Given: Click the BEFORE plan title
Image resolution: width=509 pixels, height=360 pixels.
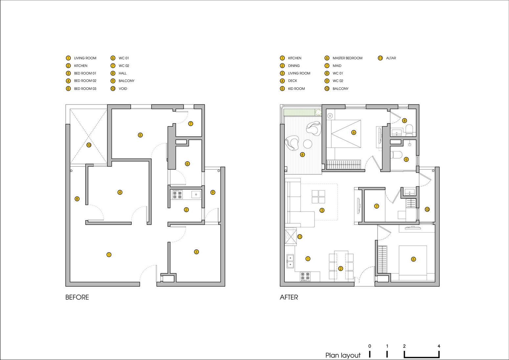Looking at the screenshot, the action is pyautogui.click(x=77, y=297).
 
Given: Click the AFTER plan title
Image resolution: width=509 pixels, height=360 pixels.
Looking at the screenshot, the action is pyautogui.click(x=289, y=297).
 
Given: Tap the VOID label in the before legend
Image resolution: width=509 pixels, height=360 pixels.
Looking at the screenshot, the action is pyautogui.click(x=123, y=89).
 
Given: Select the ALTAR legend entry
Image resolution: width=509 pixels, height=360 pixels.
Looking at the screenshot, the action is pyautogui.click(x=391, y=58).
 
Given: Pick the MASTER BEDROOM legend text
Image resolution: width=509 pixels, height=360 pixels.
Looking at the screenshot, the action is pyautogui.click(x=347, y=58).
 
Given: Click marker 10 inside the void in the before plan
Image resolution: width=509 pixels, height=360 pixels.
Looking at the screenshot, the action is pyautogui.click(x=89, y=145).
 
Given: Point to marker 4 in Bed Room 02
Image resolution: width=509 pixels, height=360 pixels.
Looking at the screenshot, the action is pyautogui.click(x=120, y=192).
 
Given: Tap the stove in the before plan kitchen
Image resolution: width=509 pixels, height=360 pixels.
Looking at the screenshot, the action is pyautogui.click(x=177, y=194).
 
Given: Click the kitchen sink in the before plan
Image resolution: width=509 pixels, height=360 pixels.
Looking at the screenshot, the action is pyautogui.click(x=196, y=194).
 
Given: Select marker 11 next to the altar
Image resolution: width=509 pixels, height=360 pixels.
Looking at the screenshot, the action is pyautogui.click(x=300, y=237).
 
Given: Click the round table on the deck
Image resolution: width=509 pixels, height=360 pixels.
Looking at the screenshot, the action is pyautogui.click(x=308, y=144).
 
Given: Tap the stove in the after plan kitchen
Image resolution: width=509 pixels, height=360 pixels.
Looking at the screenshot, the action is pyautogui.click(x=305, y=277).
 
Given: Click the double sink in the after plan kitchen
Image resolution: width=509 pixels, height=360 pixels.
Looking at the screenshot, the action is pyautogui.click(x=290, y=261).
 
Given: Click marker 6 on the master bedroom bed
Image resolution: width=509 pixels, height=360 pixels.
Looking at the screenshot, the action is pyautogui.click(x=353, y=132).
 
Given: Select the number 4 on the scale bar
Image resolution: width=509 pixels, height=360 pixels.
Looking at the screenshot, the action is pyautogui.click(x=439, y=346).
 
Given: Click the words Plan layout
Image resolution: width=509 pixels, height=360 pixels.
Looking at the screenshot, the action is pyautogui.click(x=343, y=355).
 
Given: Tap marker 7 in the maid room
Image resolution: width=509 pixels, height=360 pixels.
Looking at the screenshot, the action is pyautogui.click(x=377, y=206).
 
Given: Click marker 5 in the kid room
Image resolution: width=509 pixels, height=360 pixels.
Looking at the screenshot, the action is pyautogui.click(x=413, y=259).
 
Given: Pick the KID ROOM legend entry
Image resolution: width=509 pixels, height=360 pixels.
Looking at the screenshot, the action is pyautogui.click(x=296, y=89).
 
